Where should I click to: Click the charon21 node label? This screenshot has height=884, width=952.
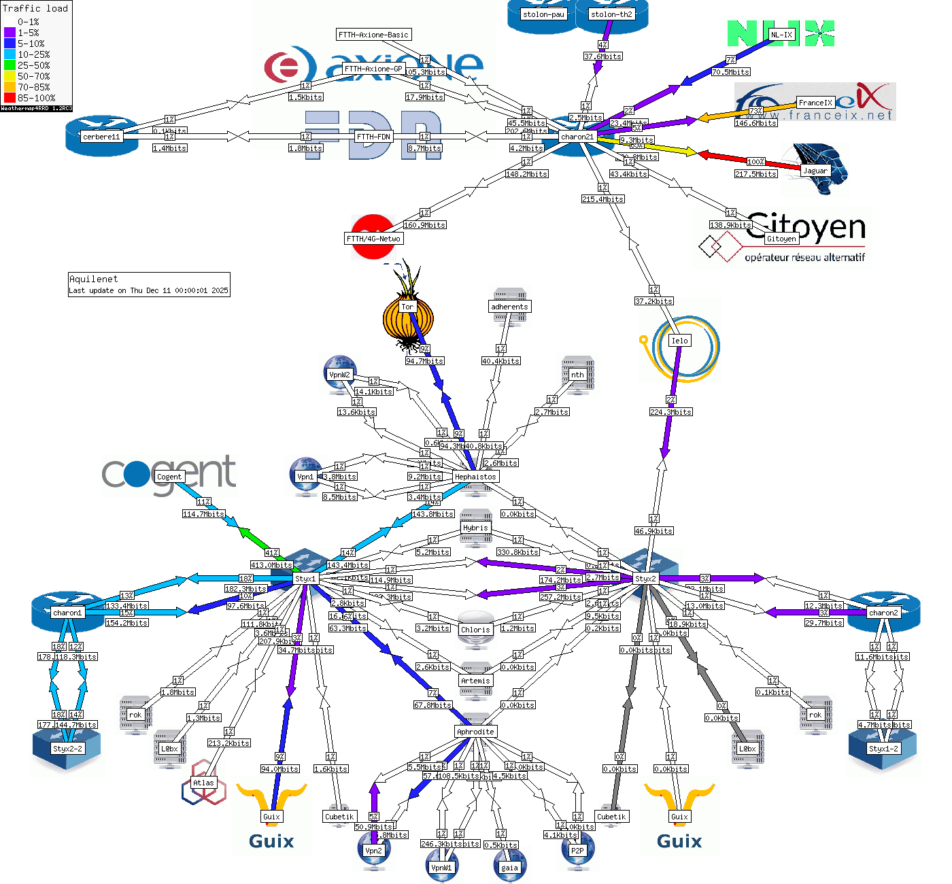coord(577,137)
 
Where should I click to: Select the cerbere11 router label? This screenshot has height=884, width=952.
coord(101,137)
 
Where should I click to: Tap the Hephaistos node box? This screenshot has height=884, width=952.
coord(475,477)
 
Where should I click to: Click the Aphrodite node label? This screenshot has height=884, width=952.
coord(475,732)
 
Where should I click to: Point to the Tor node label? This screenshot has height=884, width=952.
coord(407,307)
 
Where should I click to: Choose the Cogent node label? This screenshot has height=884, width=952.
coord(169,477)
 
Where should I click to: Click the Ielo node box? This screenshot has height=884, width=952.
coord(679,341)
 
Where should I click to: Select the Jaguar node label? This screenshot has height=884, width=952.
coord(815,171)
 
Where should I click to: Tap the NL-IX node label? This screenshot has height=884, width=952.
coord(781,35)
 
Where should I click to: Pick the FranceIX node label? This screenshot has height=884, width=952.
coord(815,103)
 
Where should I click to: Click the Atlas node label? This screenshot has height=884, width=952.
coord(203,783)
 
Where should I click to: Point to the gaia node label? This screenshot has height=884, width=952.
coord(509,868)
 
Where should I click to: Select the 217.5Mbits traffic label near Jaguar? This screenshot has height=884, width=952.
coord(755,174)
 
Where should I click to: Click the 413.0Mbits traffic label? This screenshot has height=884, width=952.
coord(271,565)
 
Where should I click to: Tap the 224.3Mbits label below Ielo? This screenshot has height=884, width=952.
coord(670,412)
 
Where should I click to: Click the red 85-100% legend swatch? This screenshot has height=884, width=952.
coord(10,98)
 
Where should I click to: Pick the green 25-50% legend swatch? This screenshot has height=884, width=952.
coord(10,65)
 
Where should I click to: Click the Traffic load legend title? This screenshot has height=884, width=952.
coord(35,8)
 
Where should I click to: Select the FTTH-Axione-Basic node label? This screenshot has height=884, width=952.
coord(373,35)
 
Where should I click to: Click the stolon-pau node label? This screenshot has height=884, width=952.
coord(543,14)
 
